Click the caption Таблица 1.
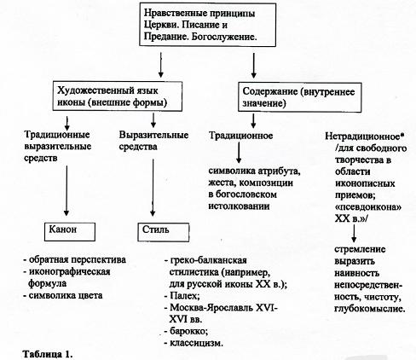click(x=42, y=351)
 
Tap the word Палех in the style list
click(x=180, y=290)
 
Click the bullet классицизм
click(x=195, y=340)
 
